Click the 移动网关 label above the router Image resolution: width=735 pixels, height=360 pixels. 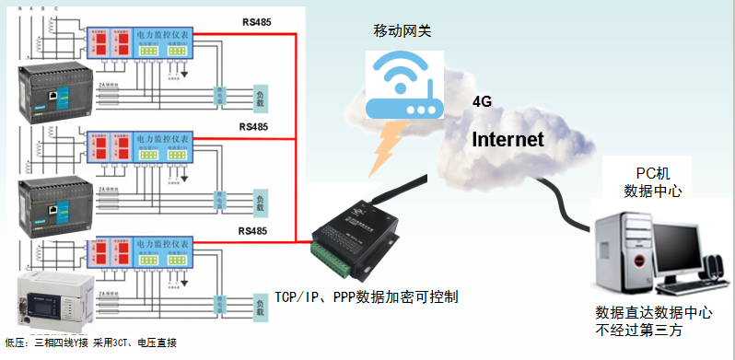click(x=402, y=31)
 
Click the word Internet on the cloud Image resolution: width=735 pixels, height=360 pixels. click(x=507, y=140)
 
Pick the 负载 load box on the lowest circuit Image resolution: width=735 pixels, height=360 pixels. click(x=264, y=303)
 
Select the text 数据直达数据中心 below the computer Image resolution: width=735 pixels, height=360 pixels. click(x=653, y=313)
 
